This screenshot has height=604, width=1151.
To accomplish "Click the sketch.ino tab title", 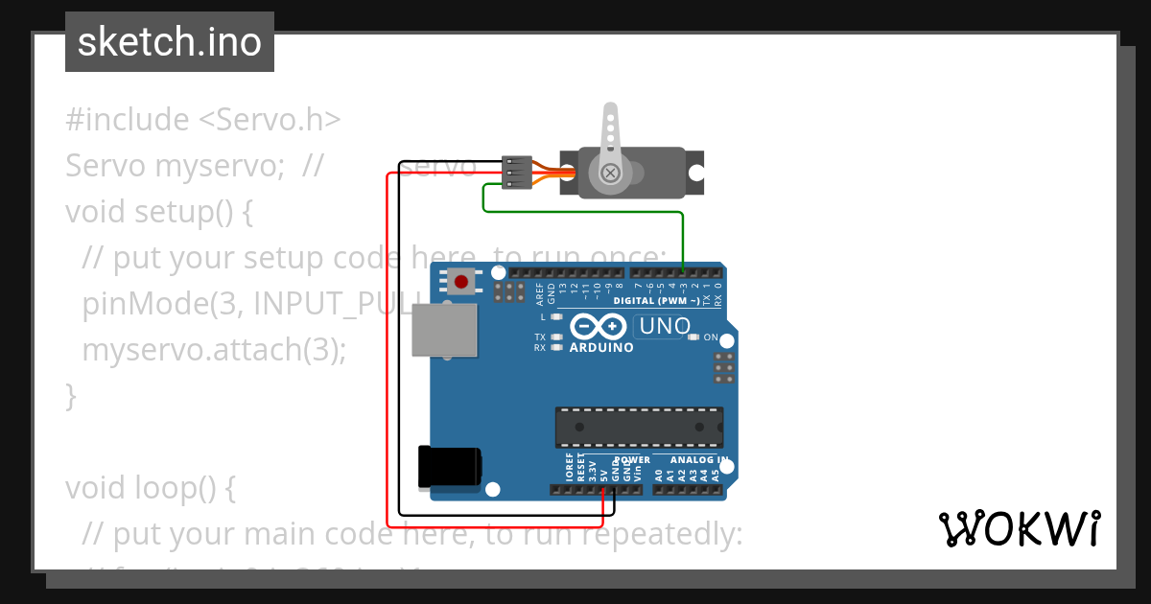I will click(x=170, y=42).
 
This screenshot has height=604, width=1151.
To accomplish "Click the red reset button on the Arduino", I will click(x=461, y=282).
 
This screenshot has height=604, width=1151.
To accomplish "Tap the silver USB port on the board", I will click(x=444, y=330).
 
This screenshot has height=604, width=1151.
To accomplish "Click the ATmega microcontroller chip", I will click(x=639, y=428).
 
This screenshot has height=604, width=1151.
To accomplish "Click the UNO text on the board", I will click(x=665, y=326).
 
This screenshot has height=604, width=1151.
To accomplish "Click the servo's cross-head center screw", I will click(x=610, y=174).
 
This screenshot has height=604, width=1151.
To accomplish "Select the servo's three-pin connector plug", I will click(x=516, y=172).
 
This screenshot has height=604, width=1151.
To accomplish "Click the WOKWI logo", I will click(x=1019, y=528).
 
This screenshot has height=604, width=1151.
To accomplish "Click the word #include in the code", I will click(x=128, y=120).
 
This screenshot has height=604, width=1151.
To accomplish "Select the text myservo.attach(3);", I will click(x=214, y=350).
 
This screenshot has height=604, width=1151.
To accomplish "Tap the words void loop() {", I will click(x=150, y=488).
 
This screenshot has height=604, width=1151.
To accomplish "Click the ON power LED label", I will click(x=711, y=337).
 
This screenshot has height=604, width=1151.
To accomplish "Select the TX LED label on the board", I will click(x=540, y=337).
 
